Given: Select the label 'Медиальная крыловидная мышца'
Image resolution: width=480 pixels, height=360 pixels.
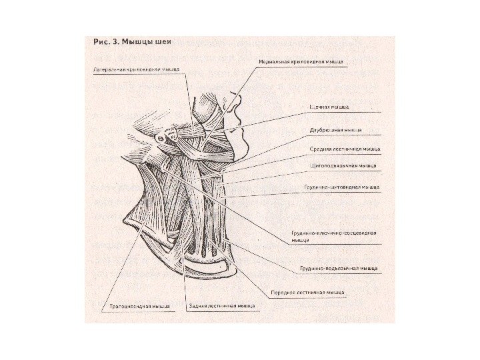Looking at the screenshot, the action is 301,61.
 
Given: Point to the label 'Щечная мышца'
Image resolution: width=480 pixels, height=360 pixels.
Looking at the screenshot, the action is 329,106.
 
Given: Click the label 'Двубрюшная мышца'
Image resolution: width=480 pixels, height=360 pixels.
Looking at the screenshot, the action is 335,130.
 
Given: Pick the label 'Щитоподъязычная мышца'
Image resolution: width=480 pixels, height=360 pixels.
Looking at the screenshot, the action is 343,165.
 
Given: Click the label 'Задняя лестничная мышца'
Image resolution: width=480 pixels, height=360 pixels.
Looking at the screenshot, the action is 222,307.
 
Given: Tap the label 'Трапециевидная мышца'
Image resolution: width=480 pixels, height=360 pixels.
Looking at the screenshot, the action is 139,307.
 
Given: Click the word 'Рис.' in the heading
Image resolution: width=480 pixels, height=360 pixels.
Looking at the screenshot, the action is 99,41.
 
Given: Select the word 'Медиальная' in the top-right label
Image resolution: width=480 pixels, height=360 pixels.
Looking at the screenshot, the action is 275,61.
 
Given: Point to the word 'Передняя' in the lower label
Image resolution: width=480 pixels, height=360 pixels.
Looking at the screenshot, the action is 283,292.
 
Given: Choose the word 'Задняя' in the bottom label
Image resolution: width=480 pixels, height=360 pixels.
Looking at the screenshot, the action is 199,307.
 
